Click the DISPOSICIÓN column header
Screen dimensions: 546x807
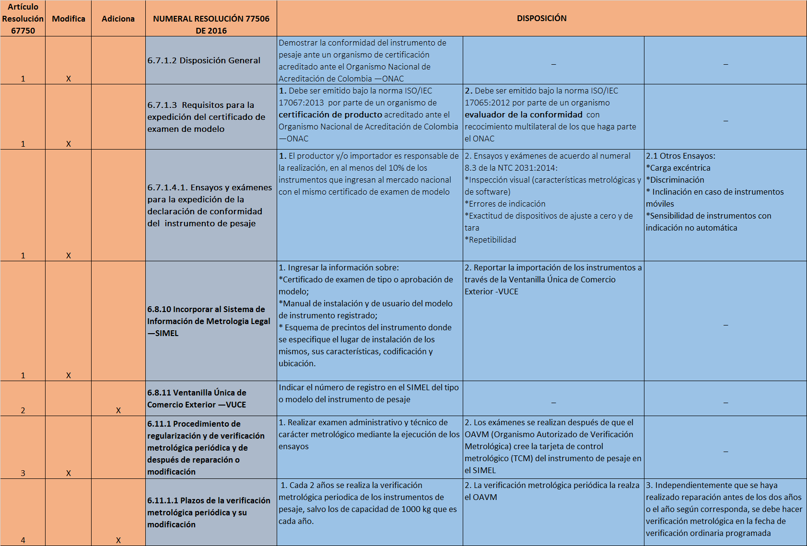pyautogui.click(x=541, y=18)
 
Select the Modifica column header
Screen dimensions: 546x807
pyautogui.click(x=69, y=19)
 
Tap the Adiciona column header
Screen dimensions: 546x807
pyautogui.click(x=118, y=19)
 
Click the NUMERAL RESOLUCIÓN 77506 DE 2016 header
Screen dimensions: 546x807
pyautogui.click(x=211, y=24)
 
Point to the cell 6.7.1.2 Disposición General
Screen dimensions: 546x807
pyautogui.click(x=204, y=60)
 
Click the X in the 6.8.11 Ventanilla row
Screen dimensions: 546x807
pyautogui.click(x=118, y=410)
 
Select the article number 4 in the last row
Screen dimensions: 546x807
pyautogui.click(x=23, y=540)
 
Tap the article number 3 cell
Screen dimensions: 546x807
pyautogui.click(x=23, y=473)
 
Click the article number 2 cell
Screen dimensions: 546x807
pyautogui.click(x=23, y=410)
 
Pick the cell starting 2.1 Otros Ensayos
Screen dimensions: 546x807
pyautogui.click(x=725, y=192)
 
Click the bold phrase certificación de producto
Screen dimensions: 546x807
pyautogui.click(x=330, y=115)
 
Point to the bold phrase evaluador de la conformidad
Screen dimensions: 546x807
pyautogui.click(x=524, y=115)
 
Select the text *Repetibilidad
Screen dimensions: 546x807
pyautogui.click(x=491, y=240)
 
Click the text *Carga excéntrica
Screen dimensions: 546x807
pyautogui.click(x=678, y=168)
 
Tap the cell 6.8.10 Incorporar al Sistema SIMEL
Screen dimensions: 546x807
pyautogui.click(x=209, y=321)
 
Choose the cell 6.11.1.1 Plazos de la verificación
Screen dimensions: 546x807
pyautogui.click(x=209, y=512)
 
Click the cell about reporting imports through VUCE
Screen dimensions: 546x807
pyautogui.click(x=553, y=279)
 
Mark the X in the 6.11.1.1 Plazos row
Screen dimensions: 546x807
pyautogui.click(x=118, y=540)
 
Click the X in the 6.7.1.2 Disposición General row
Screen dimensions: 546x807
pyautogui.click(x=69, y=79)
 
